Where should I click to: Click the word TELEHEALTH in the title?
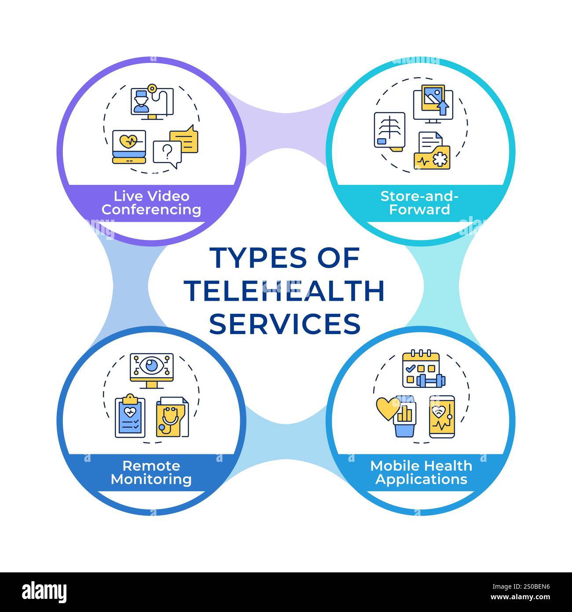[x=284, y=291]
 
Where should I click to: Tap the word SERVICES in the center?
[x=285, y=324]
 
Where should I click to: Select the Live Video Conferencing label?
[x=151, y=203]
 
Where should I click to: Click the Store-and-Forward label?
[x=419, y=203]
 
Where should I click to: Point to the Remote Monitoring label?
[x=151, y=472]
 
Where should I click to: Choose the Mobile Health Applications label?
[x=421, y=472]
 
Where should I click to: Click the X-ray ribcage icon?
[x=389, y=130]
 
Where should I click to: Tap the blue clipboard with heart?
[x=130, y=417]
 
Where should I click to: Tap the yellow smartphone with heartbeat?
[x=442, y=417]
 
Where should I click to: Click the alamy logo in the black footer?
[x=44, y=592]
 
